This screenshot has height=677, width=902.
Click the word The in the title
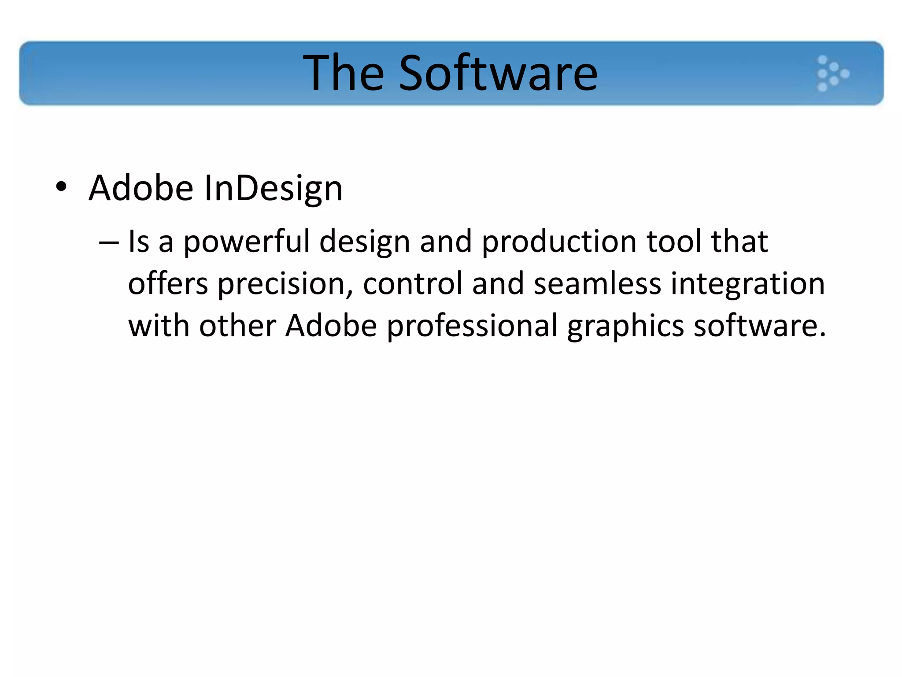point(344,73)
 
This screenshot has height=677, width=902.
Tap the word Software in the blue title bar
point(498,73)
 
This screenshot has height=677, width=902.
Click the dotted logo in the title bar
point(832,73)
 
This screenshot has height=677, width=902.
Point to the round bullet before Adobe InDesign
point(61,187)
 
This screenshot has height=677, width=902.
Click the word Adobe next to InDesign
point(141,188)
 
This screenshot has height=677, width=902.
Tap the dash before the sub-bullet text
point(109,243)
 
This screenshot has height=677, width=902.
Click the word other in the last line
point(238,326)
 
